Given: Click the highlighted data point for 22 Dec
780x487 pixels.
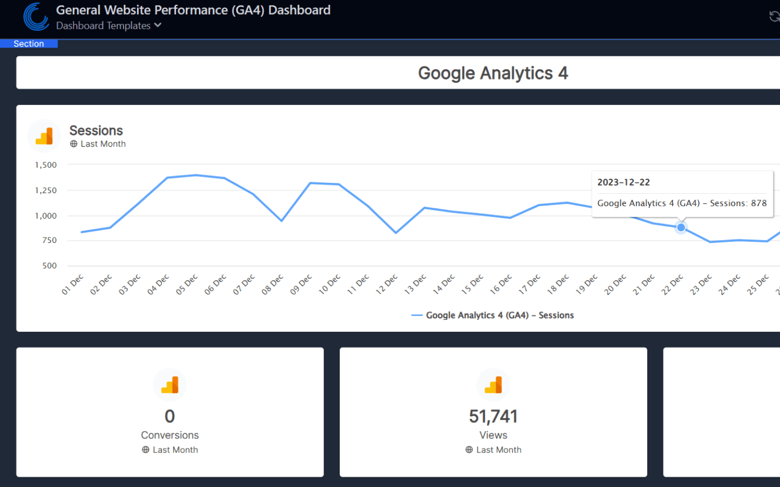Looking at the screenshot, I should [681, 228].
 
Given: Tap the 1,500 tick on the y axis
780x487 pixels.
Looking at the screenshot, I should [46, 165].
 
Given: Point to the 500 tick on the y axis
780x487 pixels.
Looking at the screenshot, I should [49, 266].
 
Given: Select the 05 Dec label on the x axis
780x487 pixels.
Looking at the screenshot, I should [187, 285].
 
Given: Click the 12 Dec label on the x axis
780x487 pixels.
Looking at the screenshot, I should [387, 285].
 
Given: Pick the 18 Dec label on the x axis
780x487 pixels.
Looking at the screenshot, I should [558, 285].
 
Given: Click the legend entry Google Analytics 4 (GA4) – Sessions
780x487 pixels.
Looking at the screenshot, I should [499, 315].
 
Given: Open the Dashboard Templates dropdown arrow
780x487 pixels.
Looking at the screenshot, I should [158, 25].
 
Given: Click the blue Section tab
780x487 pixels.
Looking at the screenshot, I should [29, 44].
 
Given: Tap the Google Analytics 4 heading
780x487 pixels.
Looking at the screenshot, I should [492, 73].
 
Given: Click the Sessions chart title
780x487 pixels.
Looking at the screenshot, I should [96, 130].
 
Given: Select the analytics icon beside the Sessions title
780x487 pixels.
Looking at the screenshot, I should [44, 136].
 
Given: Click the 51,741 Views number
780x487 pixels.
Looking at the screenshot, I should [493, 416].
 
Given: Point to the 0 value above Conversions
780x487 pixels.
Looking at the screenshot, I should [170, 416].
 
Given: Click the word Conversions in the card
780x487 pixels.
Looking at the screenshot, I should [170, 435].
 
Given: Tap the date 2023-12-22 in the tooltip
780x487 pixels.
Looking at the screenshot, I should [623, 182].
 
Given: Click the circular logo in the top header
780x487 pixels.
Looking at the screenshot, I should [36, 17].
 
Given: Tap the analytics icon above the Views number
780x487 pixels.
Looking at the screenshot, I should [493, 385].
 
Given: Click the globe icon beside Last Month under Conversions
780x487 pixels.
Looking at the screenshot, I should [146, 450].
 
